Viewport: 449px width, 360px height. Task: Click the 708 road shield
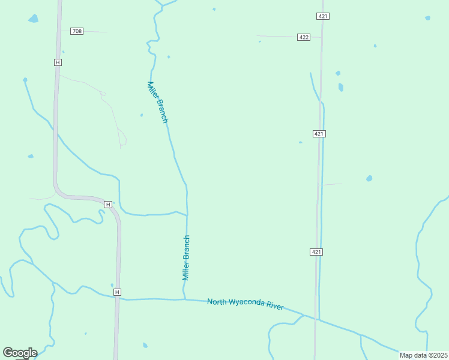point(76,31)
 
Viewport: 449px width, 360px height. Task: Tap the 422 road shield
point(303,37)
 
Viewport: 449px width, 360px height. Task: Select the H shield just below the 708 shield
point(58,62)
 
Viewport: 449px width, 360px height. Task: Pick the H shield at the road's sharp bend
point(107,205)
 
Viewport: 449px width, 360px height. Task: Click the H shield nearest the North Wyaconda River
point(117,292)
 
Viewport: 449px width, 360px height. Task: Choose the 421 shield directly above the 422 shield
point(323,16)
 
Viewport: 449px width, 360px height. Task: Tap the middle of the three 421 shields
point(319,134)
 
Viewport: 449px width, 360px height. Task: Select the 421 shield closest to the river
point(317,252)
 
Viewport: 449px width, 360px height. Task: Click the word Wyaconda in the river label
point(247,304)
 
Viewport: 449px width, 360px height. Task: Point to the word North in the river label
point(217,301)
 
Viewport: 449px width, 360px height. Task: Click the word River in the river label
point(275,307)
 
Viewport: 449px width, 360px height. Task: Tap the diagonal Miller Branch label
point(157,102)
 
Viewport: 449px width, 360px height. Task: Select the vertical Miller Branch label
point(186,258)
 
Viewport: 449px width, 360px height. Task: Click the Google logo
point(20,353)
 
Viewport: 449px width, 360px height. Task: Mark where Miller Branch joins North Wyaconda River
point(185,299)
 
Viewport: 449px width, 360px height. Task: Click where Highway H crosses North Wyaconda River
point(118,298)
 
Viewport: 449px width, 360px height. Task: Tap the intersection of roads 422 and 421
point(321,38)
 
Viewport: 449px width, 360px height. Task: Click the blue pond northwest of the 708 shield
point(33,19)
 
